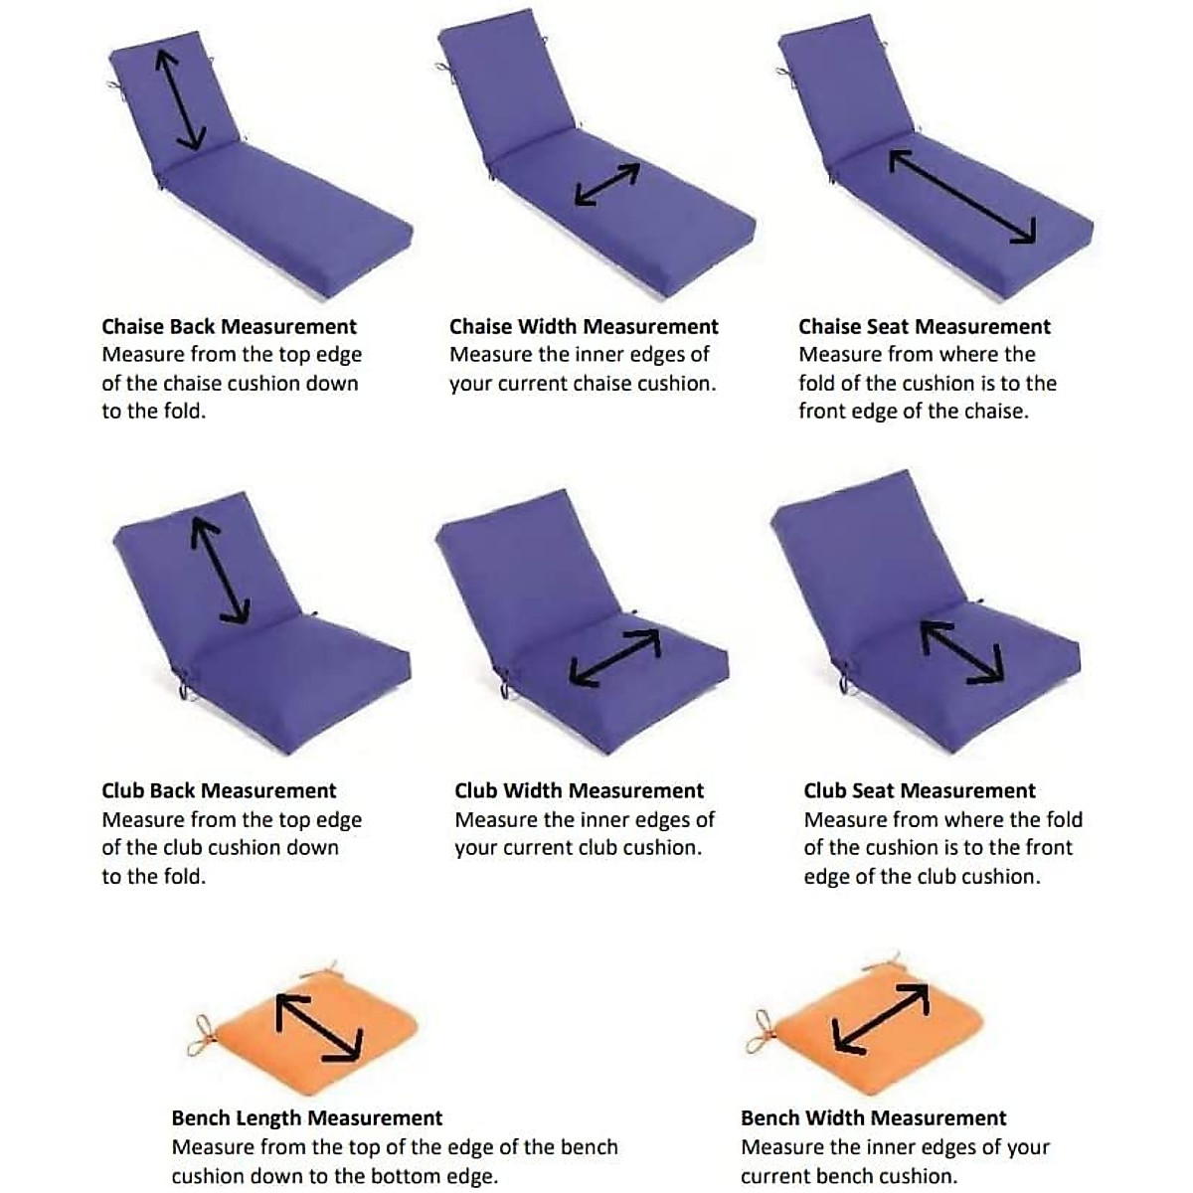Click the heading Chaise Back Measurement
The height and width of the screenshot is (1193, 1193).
click(229, 327)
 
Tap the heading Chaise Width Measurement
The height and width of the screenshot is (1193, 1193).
click(584, 327)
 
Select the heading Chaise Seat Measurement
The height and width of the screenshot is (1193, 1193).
click(925, 327)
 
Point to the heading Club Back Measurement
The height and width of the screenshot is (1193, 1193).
click(219, 791)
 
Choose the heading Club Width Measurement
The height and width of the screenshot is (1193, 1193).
click(579, 791)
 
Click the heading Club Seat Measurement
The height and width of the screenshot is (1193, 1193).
click(920, 791)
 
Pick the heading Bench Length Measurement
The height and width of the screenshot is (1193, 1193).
click(307, 1118)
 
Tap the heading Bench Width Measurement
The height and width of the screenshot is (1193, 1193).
click(874, 1118)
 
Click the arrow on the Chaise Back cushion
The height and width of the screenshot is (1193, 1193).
click(180, 100)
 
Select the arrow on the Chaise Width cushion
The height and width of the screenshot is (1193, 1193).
click(606, 185)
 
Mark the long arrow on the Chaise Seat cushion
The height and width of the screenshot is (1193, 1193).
click(962, 197)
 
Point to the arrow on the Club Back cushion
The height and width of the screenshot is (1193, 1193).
click(220, 571)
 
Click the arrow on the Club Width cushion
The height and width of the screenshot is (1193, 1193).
click(615, 657)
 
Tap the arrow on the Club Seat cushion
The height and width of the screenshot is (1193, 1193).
click(961, 652)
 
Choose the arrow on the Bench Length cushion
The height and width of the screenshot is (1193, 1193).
click(319, 1028)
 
